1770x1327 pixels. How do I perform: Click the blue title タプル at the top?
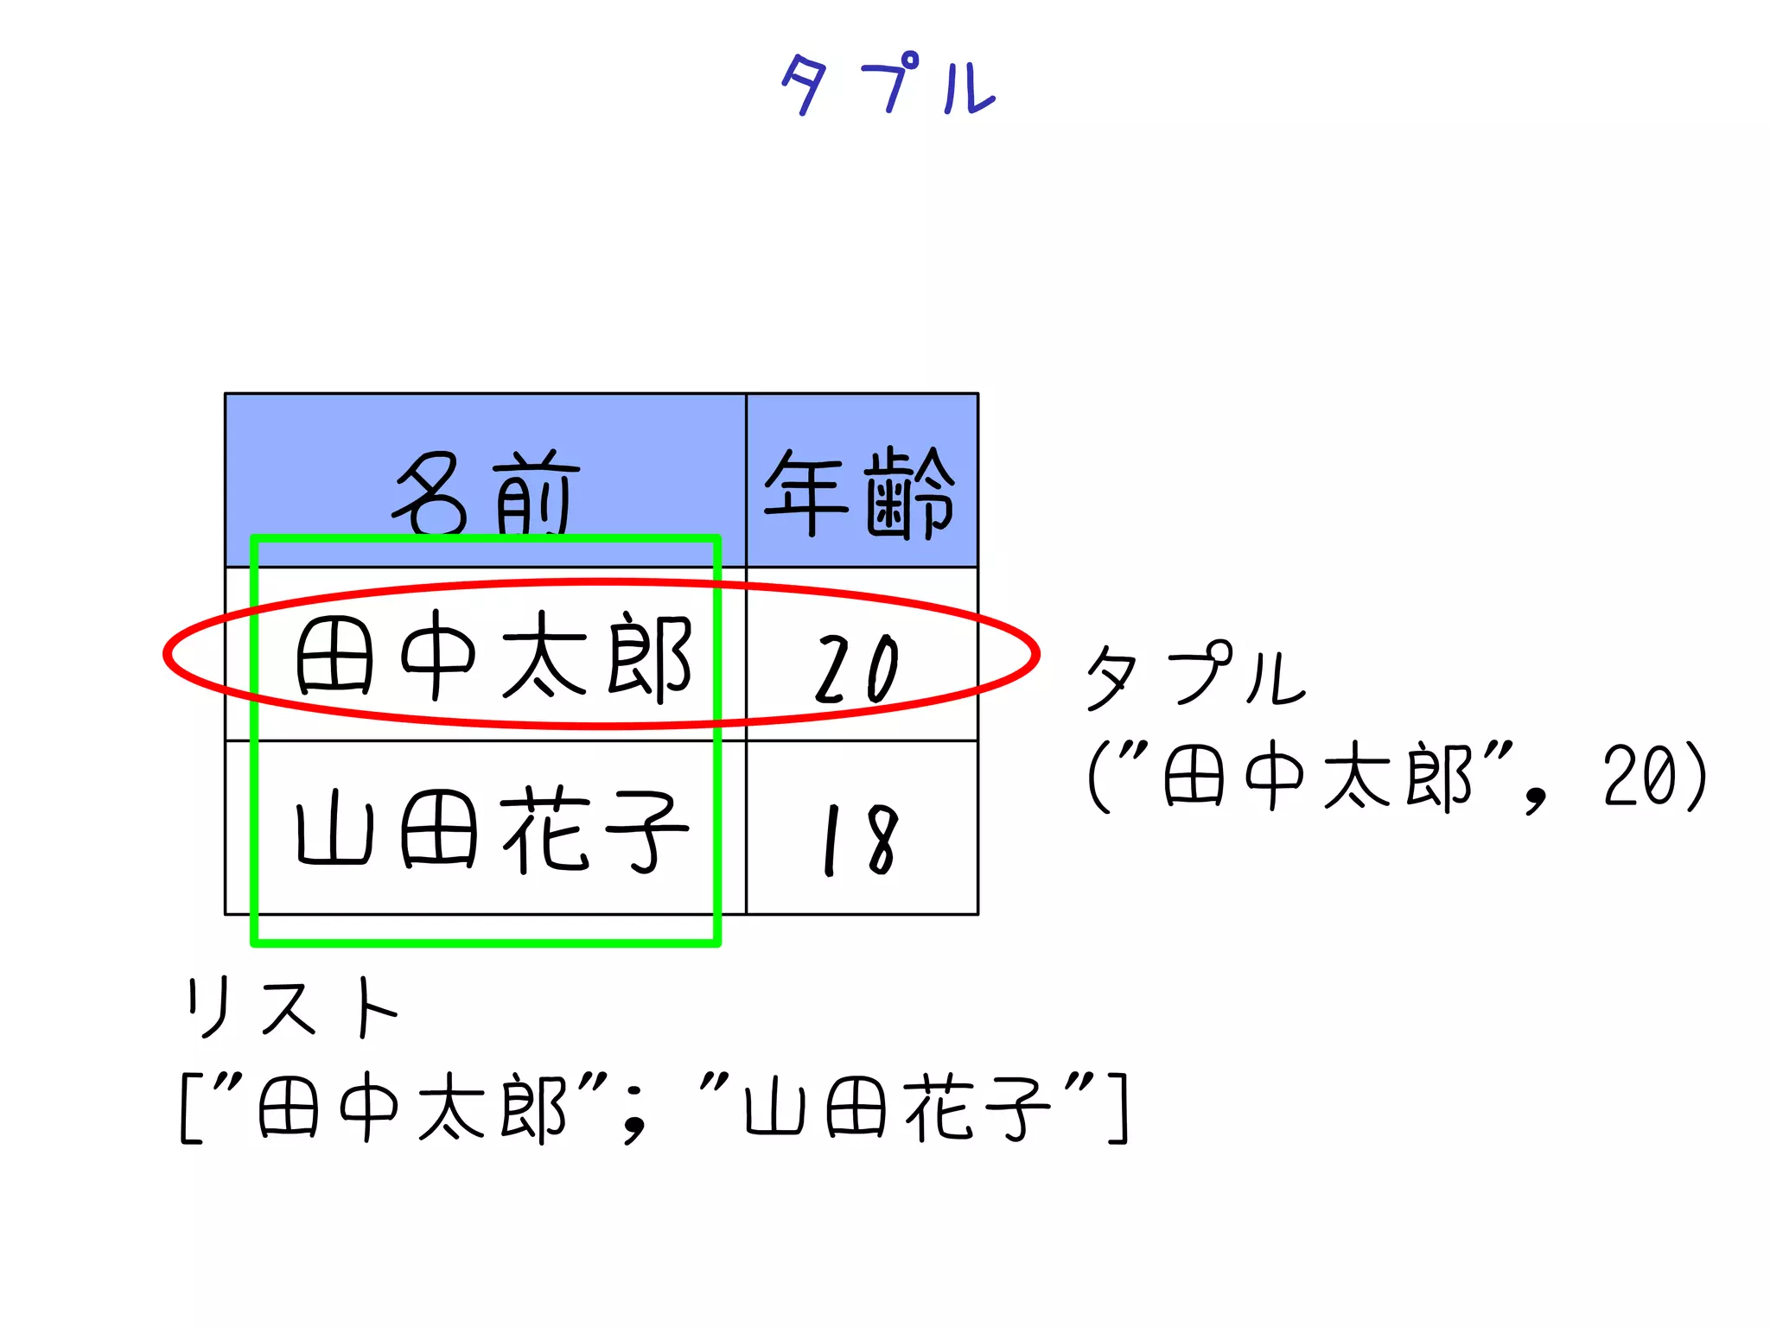888,84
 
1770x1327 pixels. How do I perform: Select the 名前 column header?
486,492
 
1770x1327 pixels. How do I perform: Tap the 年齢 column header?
861,492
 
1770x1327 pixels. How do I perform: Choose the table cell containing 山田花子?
493,829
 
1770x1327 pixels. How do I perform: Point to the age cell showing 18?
861,840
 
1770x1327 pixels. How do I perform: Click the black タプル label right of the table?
1194,676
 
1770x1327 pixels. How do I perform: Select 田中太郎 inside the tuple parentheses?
1317,777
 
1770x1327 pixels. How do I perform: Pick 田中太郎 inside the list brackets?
411,1108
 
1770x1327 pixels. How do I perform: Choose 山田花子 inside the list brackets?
897,1108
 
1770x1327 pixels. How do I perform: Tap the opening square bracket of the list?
189,1108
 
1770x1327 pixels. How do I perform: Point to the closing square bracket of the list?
1118,1108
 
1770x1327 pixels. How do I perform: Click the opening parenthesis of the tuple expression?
1098,777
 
